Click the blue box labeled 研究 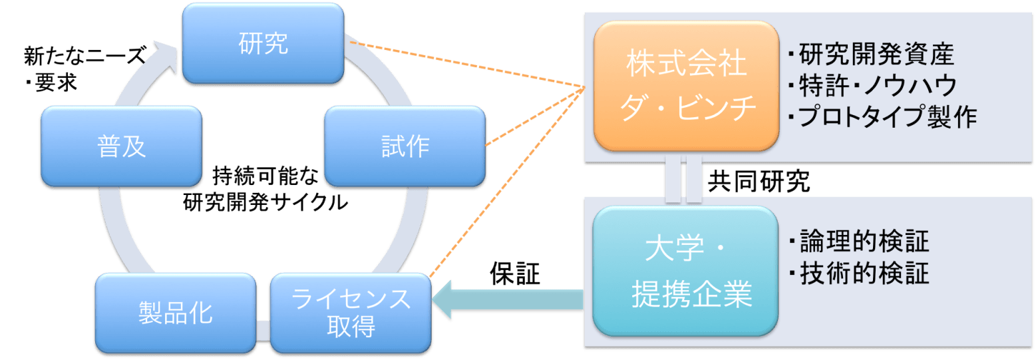point(263,44)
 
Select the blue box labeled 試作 point(405,146)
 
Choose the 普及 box point(122,146)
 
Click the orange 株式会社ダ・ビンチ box point(686,85)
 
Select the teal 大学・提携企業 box point(686,271)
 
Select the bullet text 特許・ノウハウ point(872,85)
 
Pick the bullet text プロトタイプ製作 point(882,116)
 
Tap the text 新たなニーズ point(84,57)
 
